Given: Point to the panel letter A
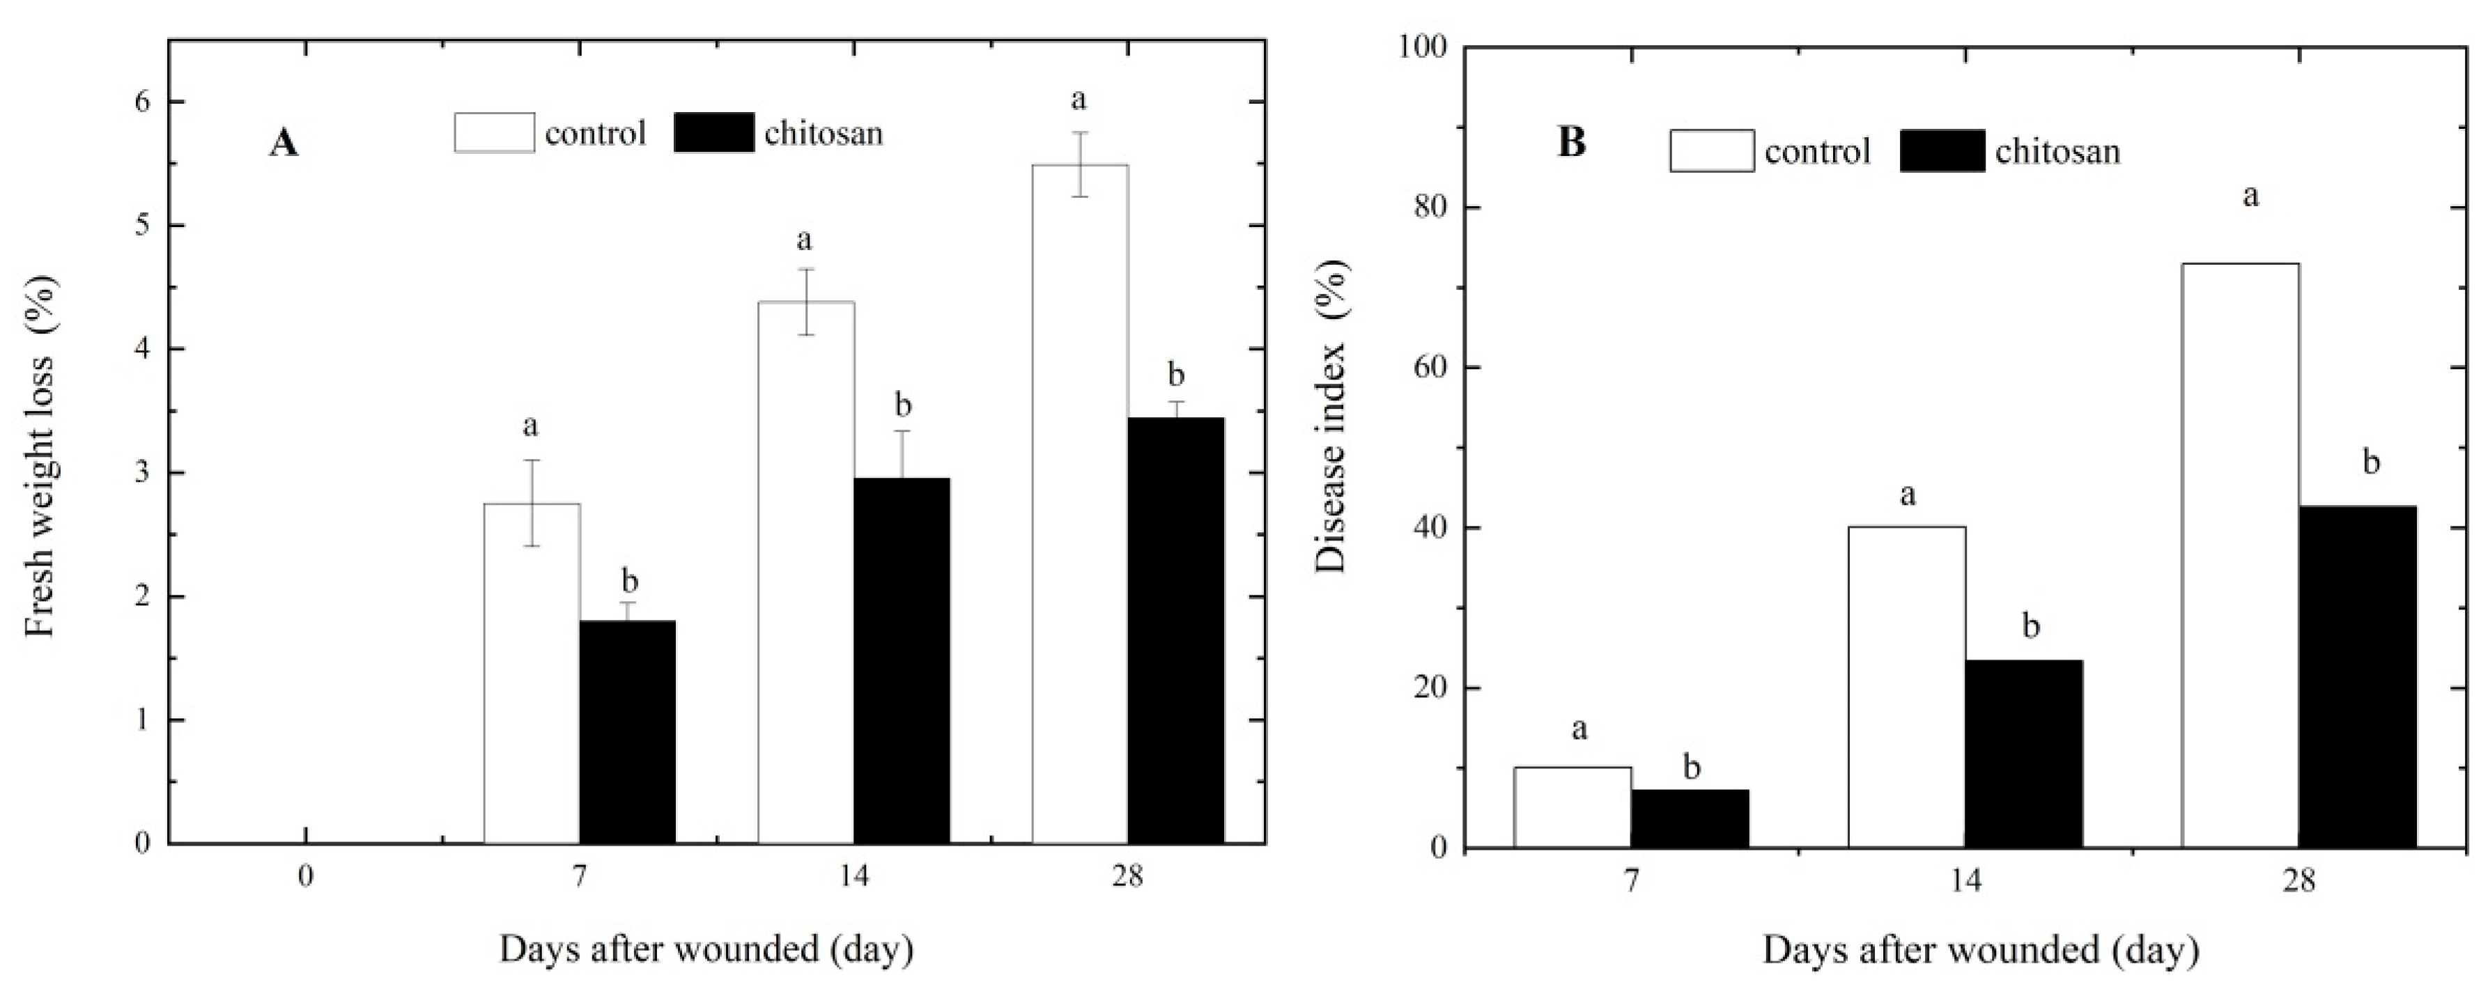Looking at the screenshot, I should tap(283, 143).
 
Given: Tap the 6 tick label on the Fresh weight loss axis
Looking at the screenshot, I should tap(142, 102).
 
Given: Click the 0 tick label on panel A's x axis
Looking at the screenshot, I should tap(305, 878).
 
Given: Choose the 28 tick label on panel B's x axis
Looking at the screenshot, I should tap(2298, 883).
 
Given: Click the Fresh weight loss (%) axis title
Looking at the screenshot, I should tap(40, 456).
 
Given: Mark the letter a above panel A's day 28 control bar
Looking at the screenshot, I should tap(1079, 98).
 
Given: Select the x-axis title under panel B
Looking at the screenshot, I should tap(1980, 951).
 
